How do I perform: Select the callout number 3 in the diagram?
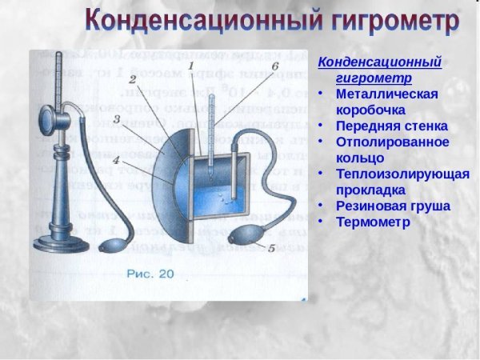coord(117,120)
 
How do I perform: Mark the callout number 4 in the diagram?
coord(117,159)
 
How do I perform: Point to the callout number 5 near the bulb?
coord(271,248)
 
